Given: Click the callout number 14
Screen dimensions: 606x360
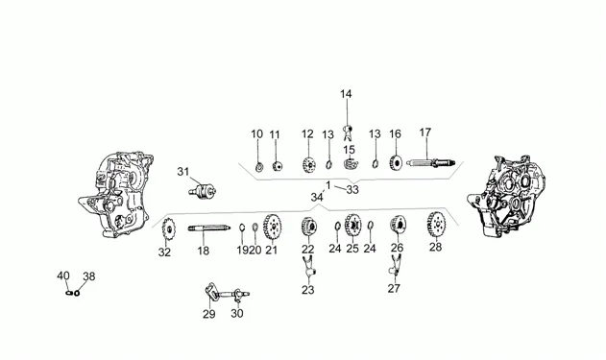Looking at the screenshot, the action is [346, 94].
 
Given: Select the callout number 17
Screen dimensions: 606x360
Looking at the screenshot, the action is [425, 132].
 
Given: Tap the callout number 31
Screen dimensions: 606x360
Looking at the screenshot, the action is [183, 171].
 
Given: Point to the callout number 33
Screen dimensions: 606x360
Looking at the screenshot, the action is [352, 190].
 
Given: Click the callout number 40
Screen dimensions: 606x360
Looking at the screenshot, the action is [63, 276].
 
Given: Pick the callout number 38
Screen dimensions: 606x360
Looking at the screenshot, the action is [89, 276].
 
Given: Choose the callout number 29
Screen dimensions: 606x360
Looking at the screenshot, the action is [209, 314].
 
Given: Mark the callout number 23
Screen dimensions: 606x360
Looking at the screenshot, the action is [308, 290].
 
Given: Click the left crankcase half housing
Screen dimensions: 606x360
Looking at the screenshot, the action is [116, 196].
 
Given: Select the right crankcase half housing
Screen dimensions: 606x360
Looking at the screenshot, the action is [506, 196].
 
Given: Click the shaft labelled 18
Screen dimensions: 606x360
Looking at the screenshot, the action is [209, 228].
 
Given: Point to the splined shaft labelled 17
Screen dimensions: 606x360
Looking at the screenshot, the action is [430, 162].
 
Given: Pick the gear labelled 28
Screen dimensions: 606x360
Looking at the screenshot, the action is [436, 225].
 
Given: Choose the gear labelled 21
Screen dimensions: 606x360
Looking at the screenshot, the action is [272, 228].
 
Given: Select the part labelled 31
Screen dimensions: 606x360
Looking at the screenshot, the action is [202, 190].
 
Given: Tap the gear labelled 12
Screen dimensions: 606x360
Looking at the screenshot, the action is [308, 165].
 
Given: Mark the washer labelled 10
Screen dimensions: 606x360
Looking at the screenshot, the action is [258, 167].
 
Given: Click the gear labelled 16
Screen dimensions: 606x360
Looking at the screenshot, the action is [396, 162].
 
